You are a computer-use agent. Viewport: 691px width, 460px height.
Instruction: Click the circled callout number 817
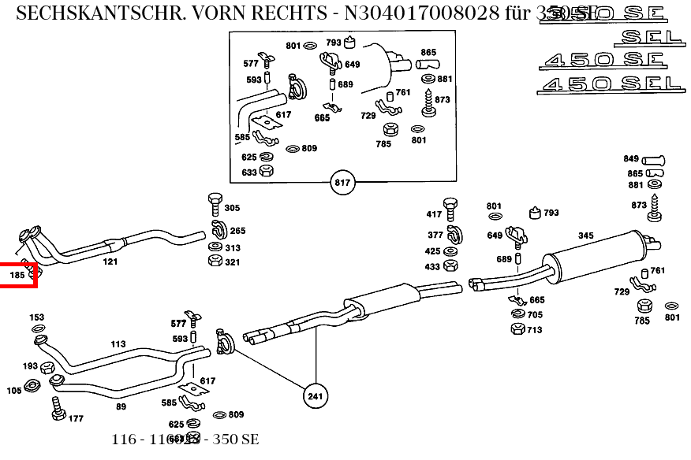click(342, 184)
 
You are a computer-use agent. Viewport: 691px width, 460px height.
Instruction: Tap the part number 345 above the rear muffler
click(585, 236)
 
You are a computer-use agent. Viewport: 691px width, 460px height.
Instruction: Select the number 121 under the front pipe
click(110, 261)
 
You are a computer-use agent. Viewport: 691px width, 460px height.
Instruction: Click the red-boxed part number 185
click(17, 275)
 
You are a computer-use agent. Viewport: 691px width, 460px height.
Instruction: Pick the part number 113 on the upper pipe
click(118, 344)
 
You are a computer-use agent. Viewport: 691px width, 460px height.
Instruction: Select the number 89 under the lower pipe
click(121, 406)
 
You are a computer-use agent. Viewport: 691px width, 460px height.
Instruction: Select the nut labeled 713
click(517, 328)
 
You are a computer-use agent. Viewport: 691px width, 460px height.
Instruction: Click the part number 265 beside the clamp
click(237, 231)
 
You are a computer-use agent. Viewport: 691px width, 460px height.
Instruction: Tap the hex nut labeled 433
click(451, 266)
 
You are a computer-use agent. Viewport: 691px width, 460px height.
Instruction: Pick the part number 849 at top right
click(631, 159)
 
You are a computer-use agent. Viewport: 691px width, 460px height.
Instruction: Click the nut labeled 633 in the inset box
click(267, 172)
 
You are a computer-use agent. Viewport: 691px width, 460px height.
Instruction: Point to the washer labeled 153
click(37, 328)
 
